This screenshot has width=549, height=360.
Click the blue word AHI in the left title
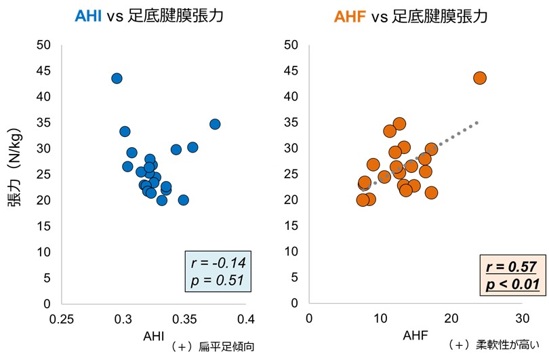[x=88, y=16]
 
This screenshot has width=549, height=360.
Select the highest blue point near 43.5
[x=117, y=79]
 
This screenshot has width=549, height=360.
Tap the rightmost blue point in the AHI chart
[x=215, y=124]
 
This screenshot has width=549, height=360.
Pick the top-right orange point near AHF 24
[x=480, y=78]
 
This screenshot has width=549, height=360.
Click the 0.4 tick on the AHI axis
[x=247, y=319]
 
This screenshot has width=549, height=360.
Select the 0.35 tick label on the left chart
[x=185, y=319]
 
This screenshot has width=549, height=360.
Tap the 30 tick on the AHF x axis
[x=521, y=319]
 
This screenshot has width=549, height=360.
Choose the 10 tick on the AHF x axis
[x=380, y=319]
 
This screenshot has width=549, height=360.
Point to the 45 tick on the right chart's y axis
[x=292, y=71]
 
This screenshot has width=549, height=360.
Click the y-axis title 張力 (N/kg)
[x=15, y=175]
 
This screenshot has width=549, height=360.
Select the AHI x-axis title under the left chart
[x=152, y=336]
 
